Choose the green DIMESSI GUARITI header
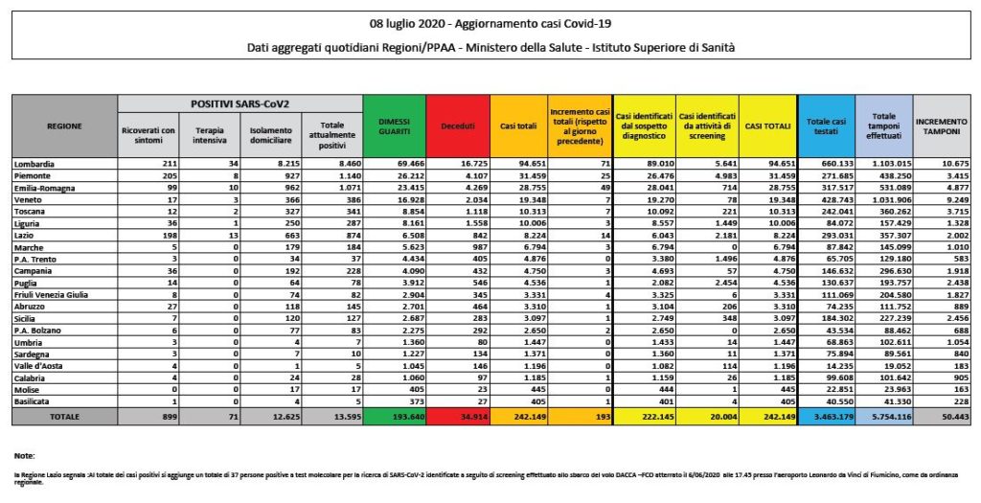pos(395,126)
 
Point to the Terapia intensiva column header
pos(210,135)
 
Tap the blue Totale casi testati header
pos(825,126)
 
